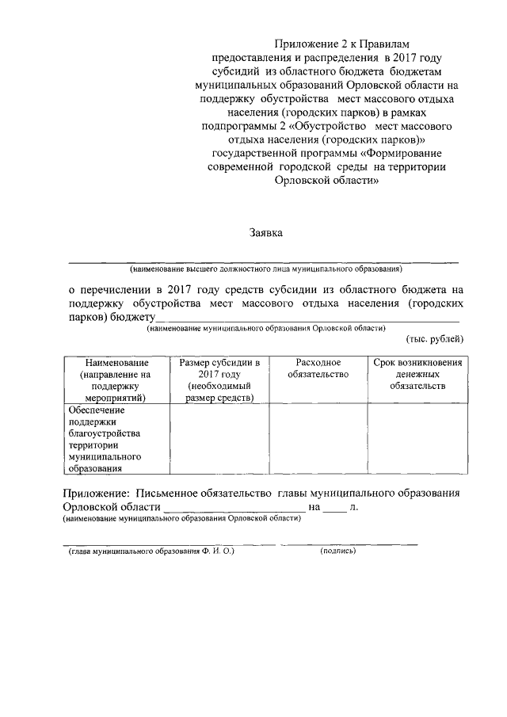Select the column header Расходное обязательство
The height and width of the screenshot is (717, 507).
tap(318, 368)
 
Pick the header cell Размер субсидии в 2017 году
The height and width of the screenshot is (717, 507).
tap(219, 379)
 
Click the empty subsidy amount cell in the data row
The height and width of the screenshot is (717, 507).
tap(219, 440)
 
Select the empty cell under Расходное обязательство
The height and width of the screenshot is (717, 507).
tap(318, 440)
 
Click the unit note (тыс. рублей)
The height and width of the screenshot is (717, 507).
tap(435, 339)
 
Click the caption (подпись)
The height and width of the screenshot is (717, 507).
tap(338, 551)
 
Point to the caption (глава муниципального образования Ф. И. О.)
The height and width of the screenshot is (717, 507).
tap(151, 551)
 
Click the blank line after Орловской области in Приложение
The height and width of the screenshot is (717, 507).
tap(233, 509)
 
